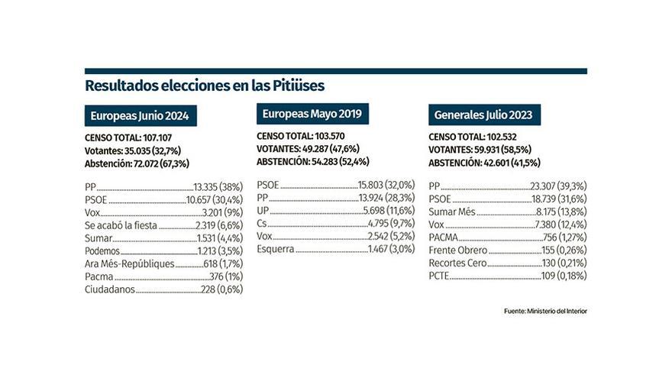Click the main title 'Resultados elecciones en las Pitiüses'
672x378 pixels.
[209, 85]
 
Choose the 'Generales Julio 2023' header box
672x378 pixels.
[483, 115]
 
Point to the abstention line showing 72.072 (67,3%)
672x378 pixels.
[137, 163]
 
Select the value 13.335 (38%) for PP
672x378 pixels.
[218, 186]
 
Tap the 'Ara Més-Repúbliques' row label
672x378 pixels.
[130, 263]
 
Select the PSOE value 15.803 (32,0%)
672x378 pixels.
[386, 185]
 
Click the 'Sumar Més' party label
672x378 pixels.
[452, 212]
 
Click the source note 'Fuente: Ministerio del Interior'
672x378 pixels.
[545, 311]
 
